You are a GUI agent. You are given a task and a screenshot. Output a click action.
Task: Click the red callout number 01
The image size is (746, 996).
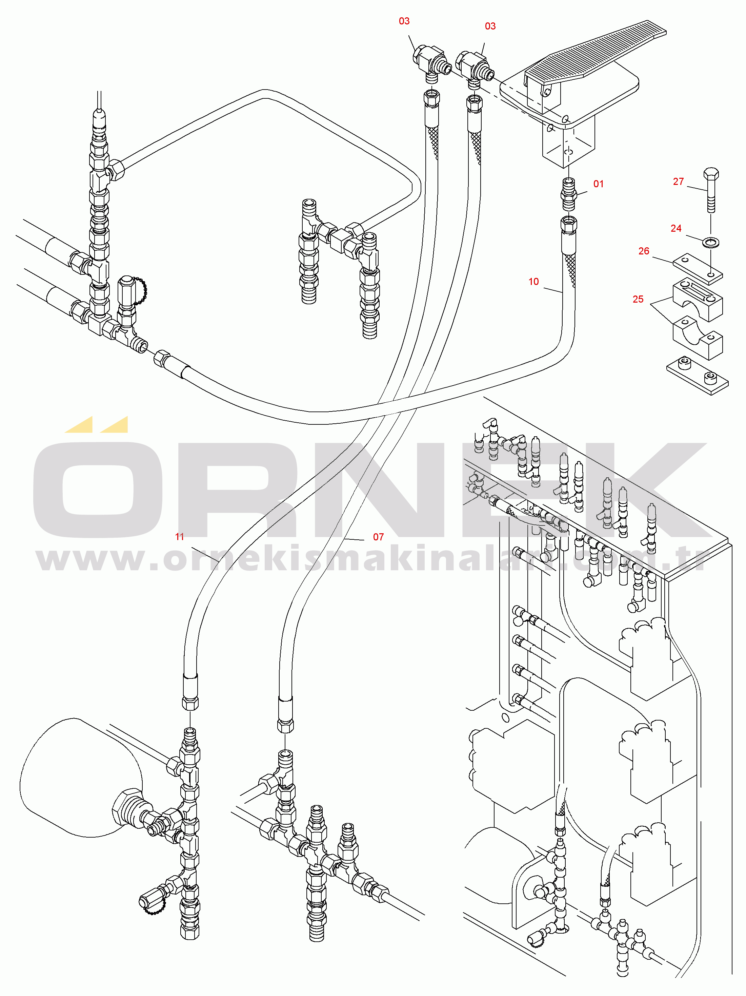tap(599, 184)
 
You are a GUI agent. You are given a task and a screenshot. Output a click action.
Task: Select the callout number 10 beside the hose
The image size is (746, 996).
tap(533, 282)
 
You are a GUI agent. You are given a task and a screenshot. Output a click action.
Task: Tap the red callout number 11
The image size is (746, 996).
tap(180, 537)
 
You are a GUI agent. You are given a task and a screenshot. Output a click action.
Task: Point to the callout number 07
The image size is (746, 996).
tap(378, 537)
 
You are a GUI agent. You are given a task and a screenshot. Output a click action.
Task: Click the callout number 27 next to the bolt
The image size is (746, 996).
tap(679, 181)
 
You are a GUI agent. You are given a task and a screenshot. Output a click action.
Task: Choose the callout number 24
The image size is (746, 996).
tap(676, 228)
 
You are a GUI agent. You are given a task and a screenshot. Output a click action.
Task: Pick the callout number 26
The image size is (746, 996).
tap(644, 251)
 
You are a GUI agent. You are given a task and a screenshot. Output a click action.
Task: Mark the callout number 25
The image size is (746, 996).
tap(638, 299)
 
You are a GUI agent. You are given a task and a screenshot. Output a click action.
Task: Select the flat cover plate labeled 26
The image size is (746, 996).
tap(698, 269)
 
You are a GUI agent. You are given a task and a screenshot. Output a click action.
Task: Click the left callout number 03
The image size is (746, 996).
tap(404, 21)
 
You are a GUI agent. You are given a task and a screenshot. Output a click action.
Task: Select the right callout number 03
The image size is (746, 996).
tap(490, 26)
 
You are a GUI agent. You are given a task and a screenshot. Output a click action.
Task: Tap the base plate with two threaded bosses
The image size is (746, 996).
tap(698, 376)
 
